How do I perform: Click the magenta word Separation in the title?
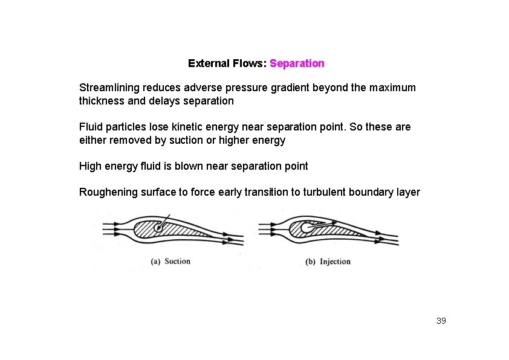(x=297, y=63)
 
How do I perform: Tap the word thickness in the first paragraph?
(x=102, y=101)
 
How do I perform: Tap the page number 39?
(x=441, y=321)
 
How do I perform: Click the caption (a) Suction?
(x=170, y=262)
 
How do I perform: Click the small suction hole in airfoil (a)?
(x=159, y=228)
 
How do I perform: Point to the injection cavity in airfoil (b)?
(x=307, y=228)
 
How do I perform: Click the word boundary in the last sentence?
(x=375, y=193)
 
